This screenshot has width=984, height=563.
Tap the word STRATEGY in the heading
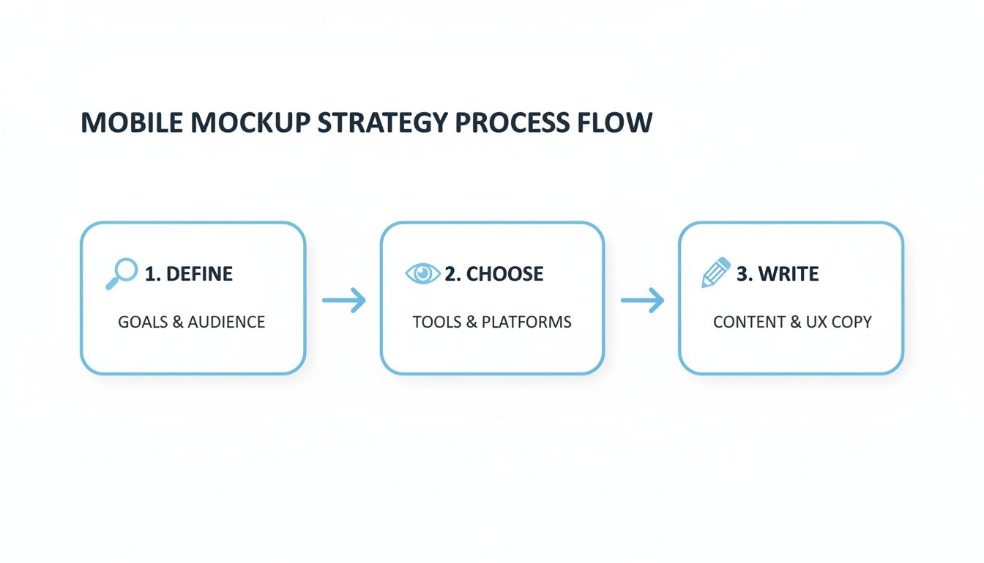coord(380,122)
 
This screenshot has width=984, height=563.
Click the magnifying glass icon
coord(122,273)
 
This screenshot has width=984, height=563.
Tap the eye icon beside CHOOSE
coord(422,273)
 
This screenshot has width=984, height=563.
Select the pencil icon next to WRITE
coord(716,273)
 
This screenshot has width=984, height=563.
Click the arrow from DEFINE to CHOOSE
coord(343,300)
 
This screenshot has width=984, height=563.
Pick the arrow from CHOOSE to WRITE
coord(642,300)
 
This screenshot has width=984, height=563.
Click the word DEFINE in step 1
coord(199,274)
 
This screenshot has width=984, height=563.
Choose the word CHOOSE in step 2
coord(505,274)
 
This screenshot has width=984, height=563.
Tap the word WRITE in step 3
coord(789,274)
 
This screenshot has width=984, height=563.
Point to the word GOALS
coord(143,322)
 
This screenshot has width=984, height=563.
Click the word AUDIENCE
coord(226,322)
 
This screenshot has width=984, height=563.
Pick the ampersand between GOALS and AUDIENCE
coord(178,322)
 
